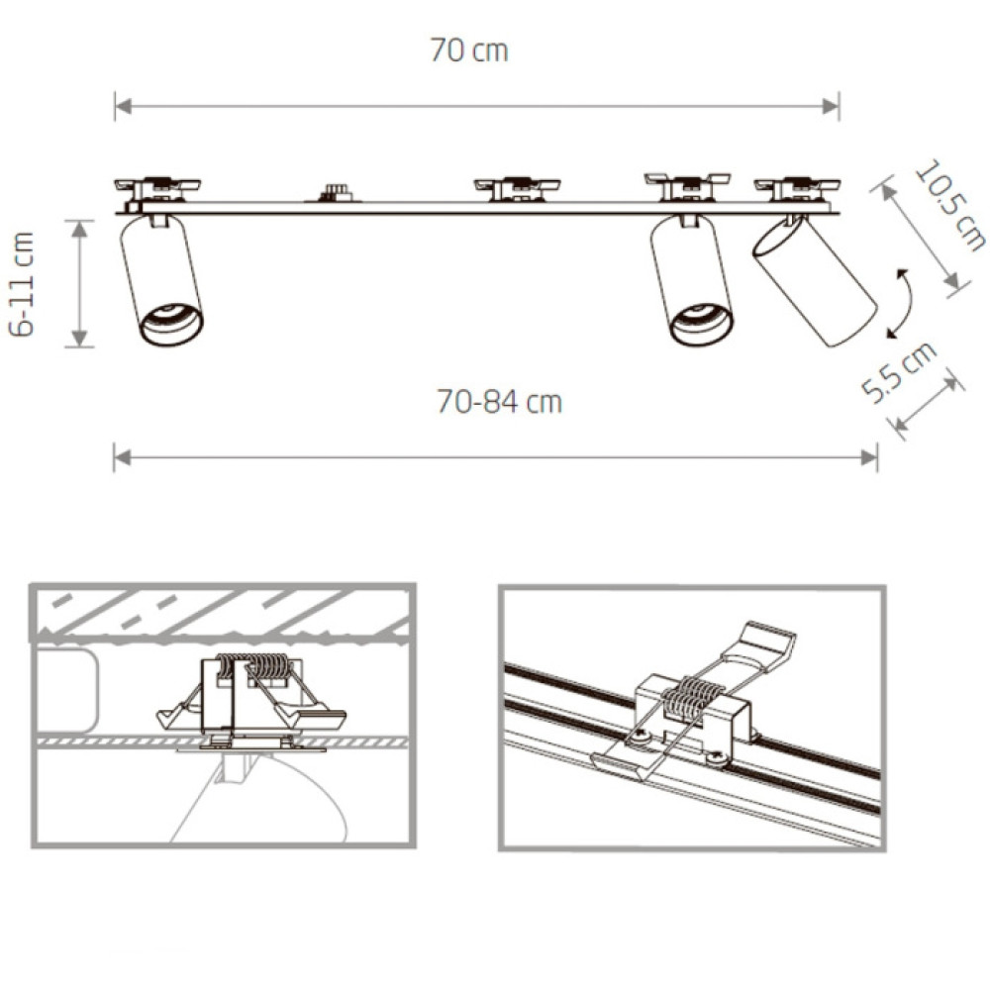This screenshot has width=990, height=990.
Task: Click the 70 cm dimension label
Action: (x=468, y=50)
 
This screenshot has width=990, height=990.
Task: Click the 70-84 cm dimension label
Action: (x=499, y=402)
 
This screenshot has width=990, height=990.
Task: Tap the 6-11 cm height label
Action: (x=22, y=284)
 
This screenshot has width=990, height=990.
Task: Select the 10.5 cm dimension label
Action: (x=949, y=206)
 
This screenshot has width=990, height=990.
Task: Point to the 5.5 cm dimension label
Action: (x=899, y=372)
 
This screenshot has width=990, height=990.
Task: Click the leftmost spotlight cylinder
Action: (x=161, y=281)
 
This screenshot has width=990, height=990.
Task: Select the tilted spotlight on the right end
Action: (x=815, y=281)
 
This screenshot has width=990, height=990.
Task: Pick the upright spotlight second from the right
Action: (x=692, y=281)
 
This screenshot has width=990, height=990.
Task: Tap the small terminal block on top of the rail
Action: (x=335, y=193)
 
